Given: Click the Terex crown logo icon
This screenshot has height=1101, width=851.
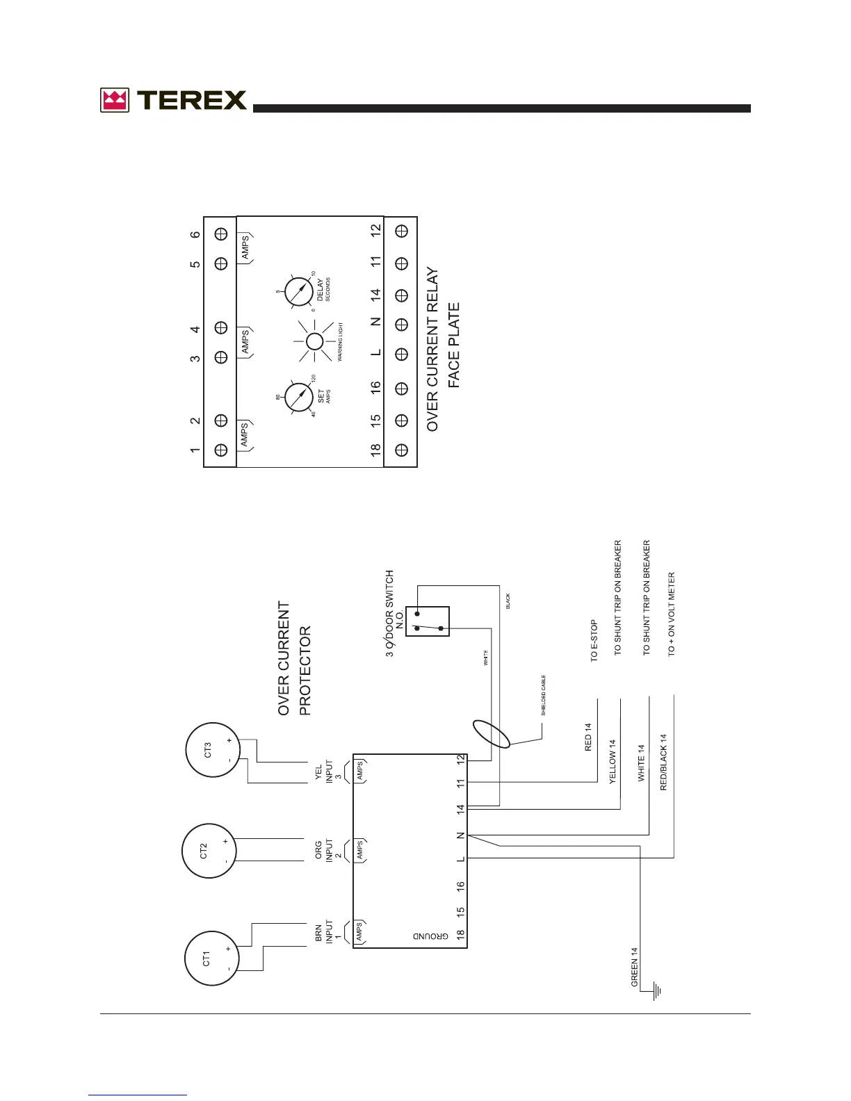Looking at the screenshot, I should pyautogui.click(x=115, y=100).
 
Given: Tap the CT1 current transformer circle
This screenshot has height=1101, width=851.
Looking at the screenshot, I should pyautogui.click(x=211, y=959).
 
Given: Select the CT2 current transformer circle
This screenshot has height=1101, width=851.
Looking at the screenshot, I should pyautogui.click(x=209, y=851).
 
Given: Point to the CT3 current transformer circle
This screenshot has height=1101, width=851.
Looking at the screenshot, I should pyautogui.click(x=212, y=750).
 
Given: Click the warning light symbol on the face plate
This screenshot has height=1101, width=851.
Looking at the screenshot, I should pyautogui.click(x=314, y=341).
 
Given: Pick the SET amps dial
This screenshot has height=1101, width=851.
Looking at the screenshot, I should pyautogui.click(x=299, y=398).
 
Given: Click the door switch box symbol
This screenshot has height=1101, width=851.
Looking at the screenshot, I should pyautogui.click(x=428, y=621).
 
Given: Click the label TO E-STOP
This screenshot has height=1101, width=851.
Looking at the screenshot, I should pyautogui.click(x=594, y=640).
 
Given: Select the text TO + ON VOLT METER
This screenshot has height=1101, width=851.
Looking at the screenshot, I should pyautogui.click(x=672, y=614).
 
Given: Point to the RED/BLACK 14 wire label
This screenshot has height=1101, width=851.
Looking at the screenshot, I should pyautogui.click(x=663, y=762).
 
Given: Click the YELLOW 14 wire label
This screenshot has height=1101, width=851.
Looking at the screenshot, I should pyautogui.click(x=613, y=762).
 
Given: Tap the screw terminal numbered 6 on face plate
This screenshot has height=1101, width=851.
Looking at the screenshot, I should pyautogui.click(x=221, y=234).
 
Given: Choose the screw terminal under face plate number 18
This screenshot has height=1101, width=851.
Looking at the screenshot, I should pyautogui.click(x=401, y=450).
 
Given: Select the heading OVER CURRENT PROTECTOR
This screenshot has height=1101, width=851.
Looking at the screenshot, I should pyautogui.click(x=294, y=658).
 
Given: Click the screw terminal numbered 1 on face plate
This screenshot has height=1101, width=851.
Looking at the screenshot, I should pyautogui.click(x=221, y=450).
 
